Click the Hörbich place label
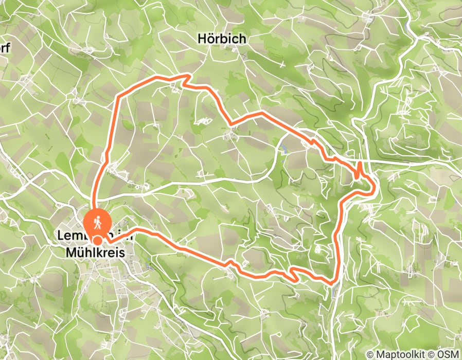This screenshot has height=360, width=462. click(x=221, y=39)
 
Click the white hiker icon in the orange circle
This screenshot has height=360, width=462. click(x=97, y=223)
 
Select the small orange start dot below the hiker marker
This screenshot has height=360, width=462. click(x=97, y=239)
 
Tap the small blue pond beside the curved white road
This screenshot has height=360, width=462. click(x=284, y=150)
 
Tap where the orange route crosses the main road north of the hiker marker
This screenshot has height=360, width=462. click(x=94, y=198)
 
